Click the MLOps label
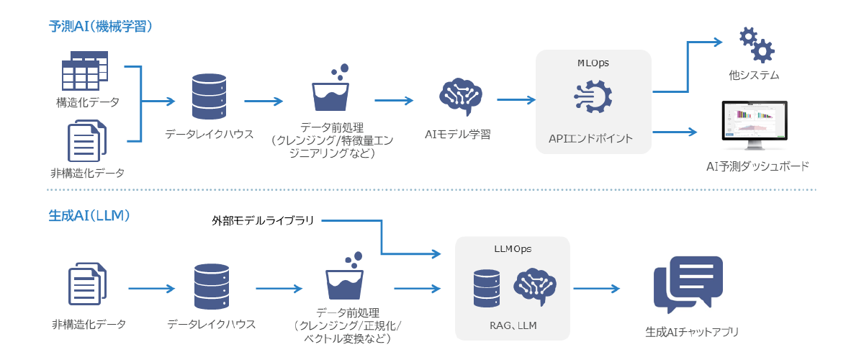593,63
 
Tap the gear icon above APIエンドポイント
593,98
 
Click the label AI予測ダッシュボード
757,166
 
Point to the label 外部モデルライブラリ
263,220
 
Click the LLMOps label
512,248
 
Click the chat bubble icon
688,286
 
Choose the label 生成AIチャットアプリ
692,333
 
